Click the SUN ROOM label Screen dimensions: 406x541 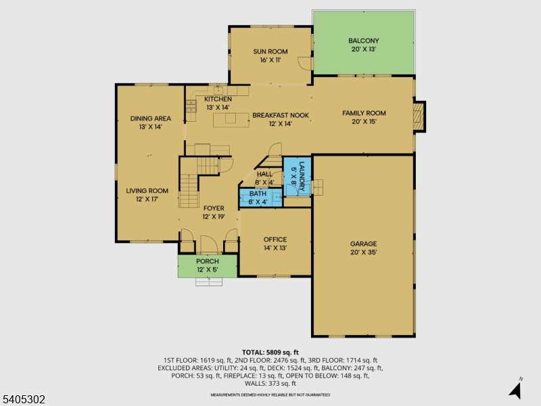click(x=270, y=52)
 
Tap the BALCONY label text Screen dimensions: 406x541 click(x=363, y=41)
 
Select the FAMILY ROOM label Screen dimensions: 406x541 click(x=364, y=113)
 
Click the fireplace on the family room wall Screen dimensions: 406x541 click(x=420, y=116)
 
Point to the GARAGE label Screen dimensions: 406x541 click(x=363, y=244)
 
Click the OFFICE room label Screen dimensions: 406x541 click(x=275, y=240)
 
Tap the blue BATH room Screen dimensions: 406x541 click(x=258, y=198)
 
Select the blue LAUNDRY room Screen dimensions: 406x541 click(x=296, y=176)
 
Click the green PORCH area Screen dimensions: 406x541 click(x=208, y=265)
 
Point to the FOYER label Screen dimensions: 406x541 click(x=213, y=208)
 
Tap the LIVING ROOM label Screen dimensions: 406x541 click(x=147, y=191)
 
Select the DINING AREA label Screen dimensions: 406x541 click(x=150, y=118)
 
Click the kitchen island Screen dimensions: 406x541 click(x=231, y=120)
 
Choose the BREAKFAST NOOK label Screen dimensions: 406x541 click(x=281, y=116)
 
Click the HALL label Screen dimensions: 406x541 click(x=264, y=174)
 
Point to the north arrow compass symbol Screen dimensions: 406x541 click(x=516, y=389)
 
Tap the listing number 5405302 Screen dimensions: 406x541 click(x=24, y=400)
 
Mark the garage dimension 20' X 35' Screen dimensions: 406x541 click(x=363, y=252)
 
